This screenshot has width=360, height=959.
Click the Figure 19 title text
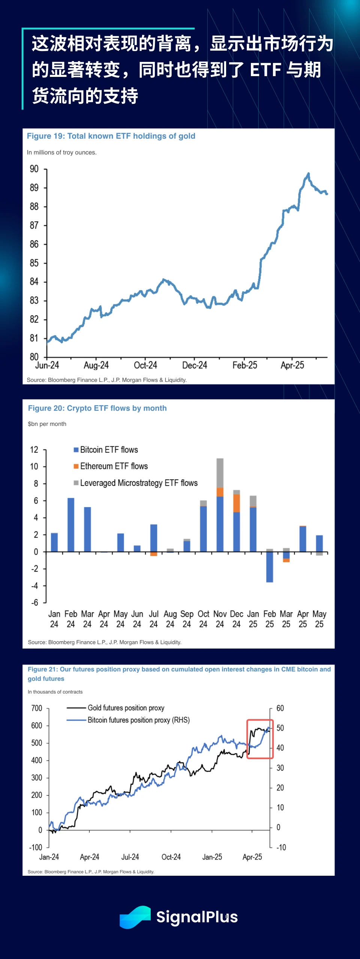[111, 136]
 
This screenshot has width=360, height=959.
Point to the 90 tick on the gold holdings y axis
[34, 169]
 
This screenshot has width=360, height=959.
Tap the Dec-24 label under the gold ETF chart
[195, 365]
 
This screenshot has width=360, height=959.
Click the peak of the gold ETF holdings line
[308, 174]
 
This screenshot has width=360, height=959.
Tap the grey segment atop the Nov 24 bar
[220, 473]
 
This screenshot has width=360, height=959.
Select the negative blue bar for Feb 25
[270, 567]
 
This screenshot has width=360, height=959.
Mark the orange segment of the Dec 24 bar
[237, 503]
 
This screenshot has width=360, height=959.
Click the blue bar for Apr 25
[303, 539]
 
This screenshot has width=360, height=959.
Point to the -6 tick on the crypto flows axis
[35, 603]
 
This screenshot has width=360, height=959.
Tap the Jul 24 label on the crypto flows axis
[153, 619]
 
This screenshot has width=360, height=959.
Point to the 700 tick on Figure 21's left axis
[37, 708]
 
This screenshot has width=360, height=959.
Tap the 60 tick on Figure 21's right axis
[280, 708]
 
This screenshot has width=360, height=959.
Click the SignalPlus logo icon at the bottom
[135, 917]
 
